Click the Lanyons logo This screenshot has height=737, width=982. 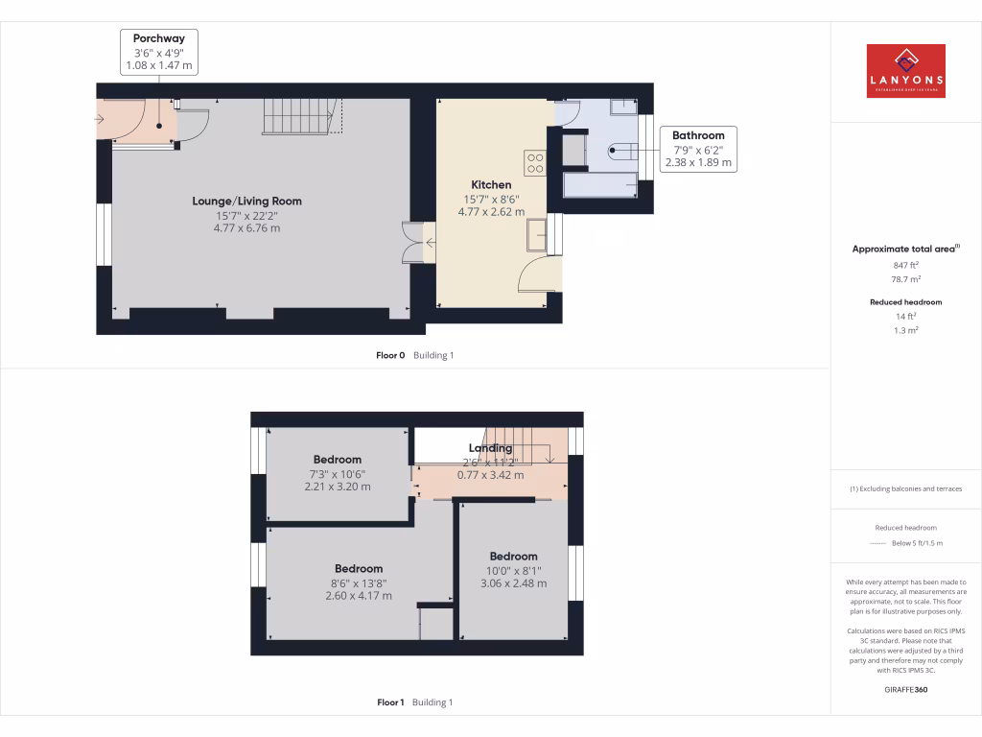(x=905, y=71)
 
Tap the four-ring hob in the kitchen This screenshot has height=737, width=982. (x=534, y=163)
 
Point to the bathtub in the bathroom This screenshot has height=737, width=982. (x=600, y=184)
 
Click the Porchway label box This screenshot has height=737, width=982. (x=159, y=52)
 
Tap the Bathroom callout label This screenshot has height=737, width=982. (x=698, y=149)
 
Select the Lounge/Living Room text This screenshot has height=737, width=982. (x=246, y=202)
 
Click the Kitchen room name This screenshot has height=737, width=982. (x=491, y=185)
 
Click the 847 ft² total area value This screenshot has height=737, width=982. (x=905, y=265)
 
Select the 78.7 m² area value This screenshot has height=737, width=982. (x=905, y=279)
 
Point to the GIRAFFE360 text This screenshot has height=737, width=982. (x=905, y=689)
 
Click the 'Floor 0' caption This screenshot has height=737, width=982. (x=390, y=355)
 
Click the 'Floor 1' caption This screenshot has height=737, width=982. (x=390, y=702)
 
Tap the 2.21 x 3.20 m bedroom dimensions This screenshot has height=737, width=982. (x=337, y=487)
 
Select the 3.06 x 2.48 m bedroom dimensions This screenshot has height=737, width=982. (x=513, y=582)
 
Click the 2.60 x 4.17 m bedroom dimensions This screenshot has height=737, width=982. (x=359, y=595)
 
